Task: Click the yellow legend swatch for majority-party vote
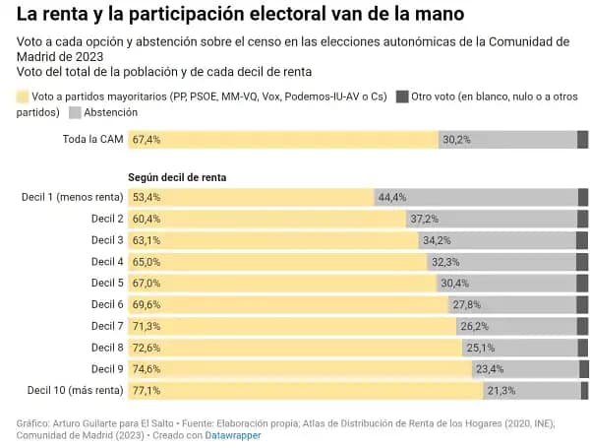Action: coord(24,96)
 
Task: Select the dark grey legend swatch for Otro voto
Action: coord(402,96)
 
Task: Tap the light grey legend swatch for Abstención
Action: coord(75,113)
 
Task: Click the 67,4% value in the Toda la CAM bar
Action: coord(146,140)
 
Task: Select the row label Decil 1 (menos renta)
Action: coord(72,197)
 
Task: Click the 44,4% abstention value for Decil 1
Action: coord(392,197)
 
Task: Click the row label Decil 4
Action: coord(107,262)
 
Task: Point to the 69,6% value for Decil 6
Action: coord(146,305)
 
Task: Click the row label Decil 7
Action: coord(107,326)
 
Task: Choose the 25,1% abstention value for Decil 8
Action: coord(480,348)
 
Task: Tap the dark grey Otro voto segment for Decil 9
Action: coord(584,369)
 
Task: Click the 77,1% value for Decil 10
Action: coord(146,391)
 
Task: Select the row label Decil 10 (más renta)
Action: coord(76,391)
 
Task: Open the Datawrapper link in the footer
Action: coord(233,434)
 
